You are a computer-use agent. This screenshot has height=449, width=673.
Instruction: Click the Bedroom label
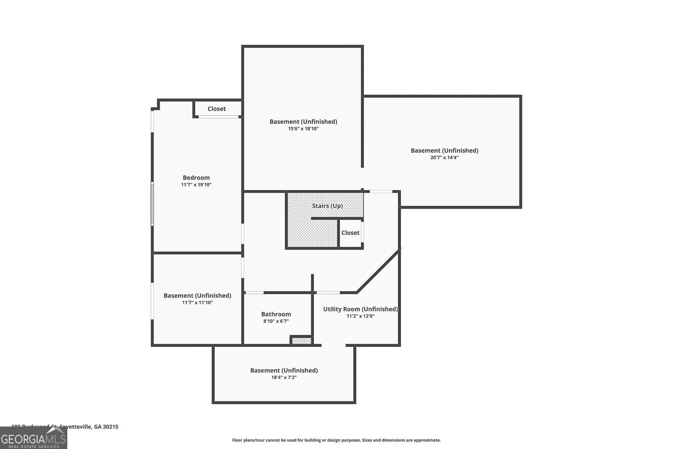point(196,178)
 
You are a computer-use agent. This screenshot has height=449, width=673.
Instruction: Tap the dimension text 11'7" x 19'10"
point(196,185)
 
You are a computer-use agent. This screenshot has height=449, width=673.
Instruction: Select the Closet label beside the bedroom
point(217,109)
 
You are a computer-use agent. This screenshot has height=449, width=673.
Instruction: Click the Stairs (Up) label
point(327,206)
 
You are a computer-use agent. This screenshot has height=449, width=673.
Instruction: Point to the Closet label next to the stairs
point(350,233)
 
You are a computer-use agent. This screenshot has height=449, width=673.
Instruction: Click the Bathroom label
point(276,314)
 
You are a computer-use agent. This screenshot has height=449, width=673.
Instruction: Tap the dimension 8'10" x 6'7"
point(276,321)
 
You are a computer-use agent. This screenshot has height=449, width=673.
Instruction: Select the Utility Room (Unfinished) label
point(360,309)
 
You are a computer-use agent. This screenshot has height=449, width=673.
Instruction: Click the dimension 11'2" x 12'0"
point(360,316)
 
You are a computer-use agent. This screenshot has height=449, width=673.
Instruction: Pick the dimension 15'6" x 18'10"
point(303,129)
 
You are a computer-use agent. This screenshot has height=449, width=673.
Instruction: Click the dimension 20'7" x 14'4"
point(444,157)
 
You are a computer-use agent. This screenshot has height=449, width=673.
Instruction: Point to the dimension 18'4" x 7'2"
point(284,377)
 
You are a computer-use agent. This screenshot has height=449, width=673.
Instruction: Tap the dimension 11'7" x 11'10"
point(197,303)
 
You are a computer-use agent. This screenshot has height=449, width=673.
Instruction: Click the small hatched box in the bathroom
point(301,341)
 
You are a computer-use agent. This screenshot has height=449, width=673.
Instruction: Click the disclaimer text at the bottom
point(336,440)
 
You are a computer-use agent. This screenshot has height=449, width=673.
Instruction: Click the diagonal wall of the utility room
point(377,271)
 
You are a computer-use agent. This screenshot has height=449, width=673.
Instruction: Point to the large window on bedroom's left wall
point(152,204)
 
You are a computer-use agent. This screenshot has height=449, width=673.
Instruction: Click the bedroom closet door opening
point(219,117)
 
